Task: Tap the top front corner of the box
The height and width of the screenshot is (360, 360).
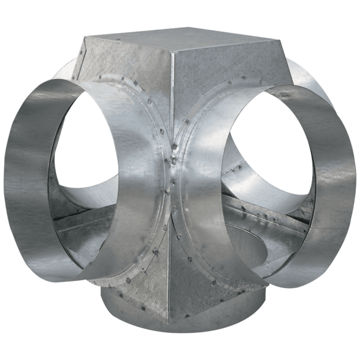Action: [171, 53]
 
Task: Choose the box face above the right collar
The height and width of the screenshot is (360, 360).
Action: [216, 67]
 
